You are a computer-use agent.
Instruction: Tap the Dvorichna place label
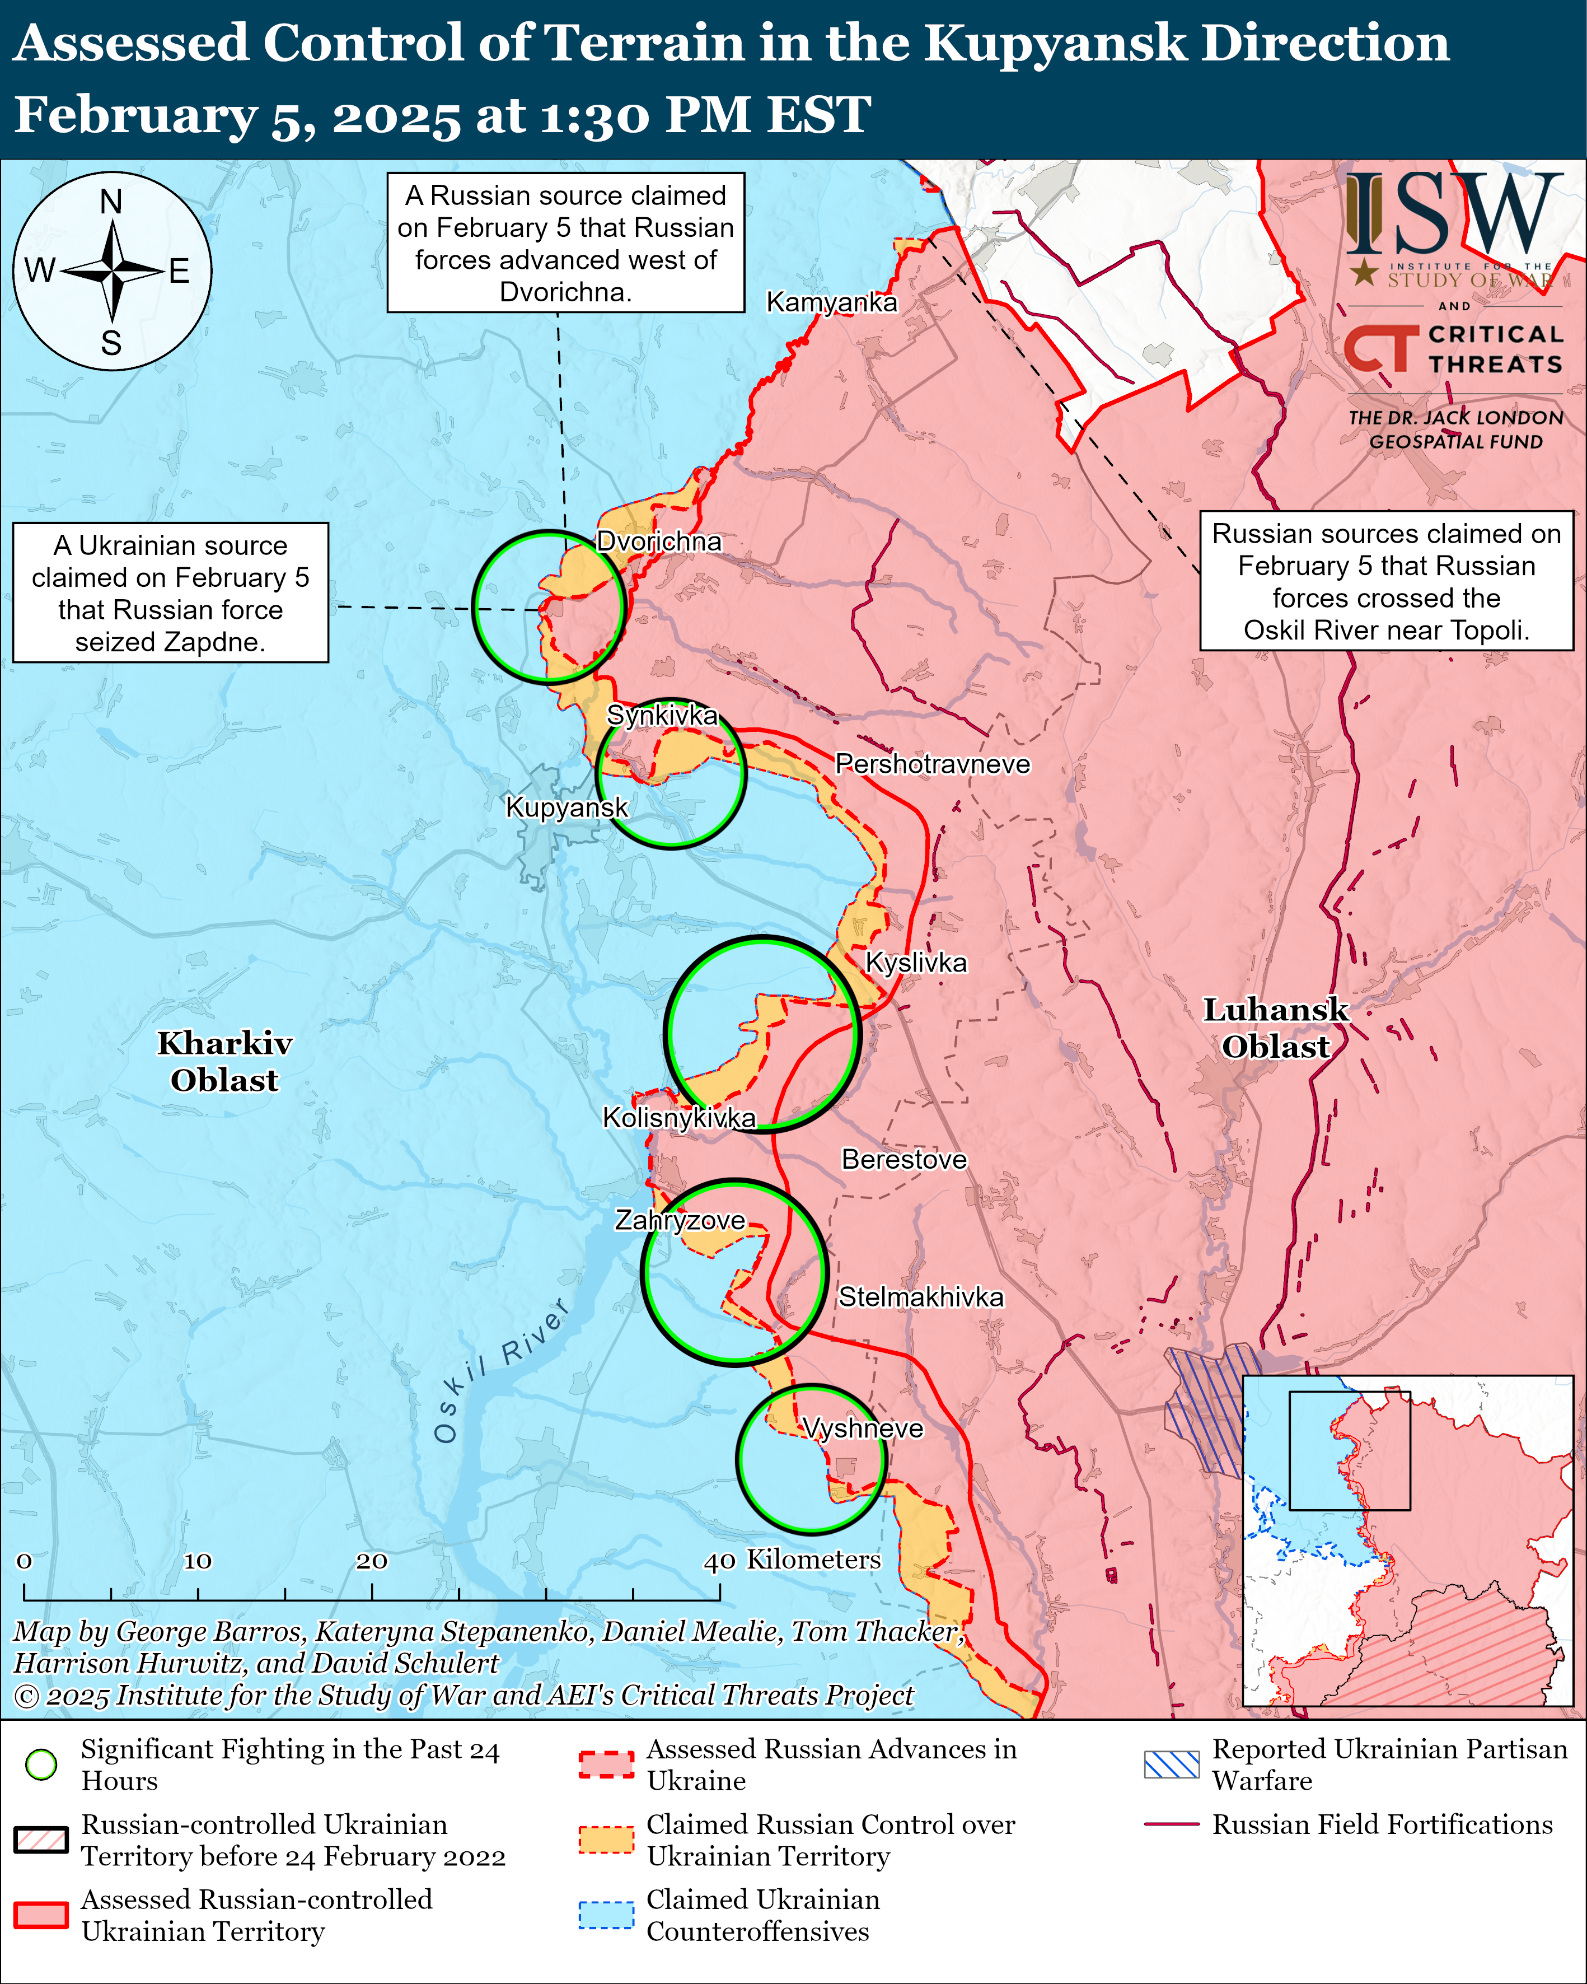(x=659, y=541)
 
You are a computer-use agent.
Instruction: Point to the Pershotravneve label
(x=932, y=764)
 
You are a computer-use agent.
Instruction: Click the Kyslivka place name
(x=916, y=963)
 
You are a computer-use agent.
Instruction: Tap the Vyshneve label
(x=863, y=1428)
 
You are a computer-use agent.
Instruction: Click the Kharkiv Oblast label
(x=224, y=1061)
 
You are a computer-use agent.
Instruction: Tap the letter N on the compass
(x=111, y=202)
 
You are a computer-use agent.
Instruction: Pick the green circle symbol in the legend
(x=41, y=1764)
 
